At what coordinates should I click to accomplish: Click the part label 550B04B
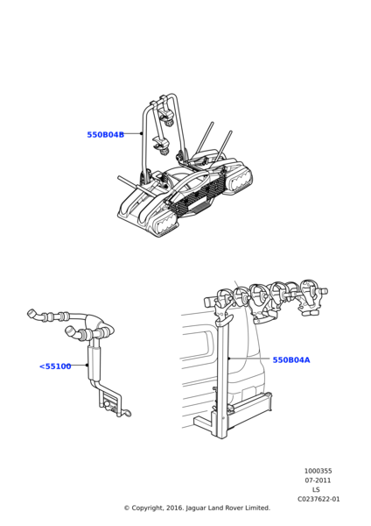pyautogui.click(x=106, y=134)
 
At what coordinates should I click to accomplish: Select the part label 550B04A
pyautogui.click(x=291, y=360)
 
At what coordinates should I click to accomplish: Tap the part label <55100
pyautogui.click(x=55, y=366)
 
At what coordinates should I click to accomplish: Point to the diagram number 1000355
pyautogui.click(x=318, y=471)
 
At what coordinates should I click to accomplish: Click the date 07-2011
pyautogui.click(x=318, y=480)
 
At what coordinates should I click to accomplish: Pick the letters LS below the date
pyautogui.click(x=316, y=490)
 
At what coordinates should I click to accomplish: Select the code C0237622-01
pyautogui.click(x=318, y=499)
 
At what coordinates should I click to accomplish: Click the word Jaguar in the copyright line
pyautogui.click(x=196, y=508)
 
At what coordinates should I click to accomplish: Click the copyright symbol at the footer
pyautogui.click(x=127, y=508)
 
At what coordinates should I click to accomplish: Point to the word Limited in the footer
pyautogui.click(x=257, y=508)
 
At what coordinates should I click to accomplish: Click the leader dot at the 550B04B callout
pyautogui.click(x=141, y=133)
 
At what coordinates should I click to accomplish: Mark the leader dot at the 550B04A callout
pyautogui.click(x=229, y=359)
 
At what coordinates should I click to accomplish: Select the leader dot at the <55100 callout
pyautogui.click(x=87, y=365)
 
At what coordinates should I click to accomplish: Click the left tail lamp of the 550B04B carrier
pyautogui.click(x=164, y=226)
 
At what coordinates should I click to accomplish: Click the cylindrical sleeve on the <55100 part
pyautogui.click(x=93, y=363)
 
